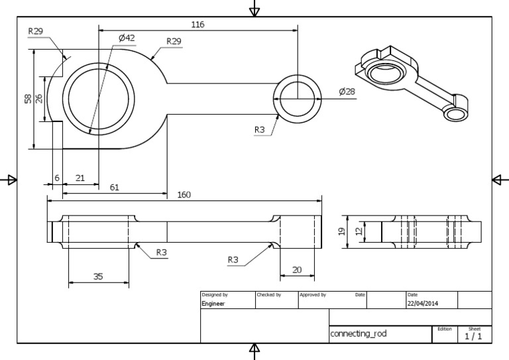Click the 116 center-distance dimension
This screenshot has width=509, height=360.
(x=198, y=25)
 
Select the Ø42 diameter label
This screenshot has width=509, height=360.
(x=127, y=38)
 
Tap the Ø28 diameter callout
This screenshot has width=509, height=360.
(x=347, y=92)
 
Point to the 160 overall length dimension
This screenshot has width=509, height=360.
(x=184, y=195)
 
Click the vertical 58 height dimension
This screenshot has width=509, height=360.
(x=28, y=99)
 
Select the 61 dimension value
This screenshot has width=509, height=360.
(x=115, y=188)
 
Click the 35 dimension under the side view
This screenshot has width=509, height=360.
(x=98, y=277)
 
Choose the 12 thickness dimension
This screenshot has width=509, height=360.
(x=359, y=232)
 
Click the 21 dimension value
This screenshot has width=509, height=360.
(x=80, y=178)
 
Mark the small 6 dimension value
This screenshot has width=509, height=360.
(x=57, y=178)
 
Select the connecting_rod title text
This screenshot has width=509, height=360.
(x=359, y=334)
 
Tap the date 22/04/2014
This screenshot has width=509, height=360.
(x=423, y=304)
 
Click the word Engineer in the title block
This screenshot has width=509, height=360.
(x=213, y=304)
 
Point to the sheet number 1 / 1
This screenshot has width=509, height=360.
(x=474, y=336)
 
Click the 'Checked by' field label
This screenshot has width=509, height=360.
(x=268, y=294)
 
